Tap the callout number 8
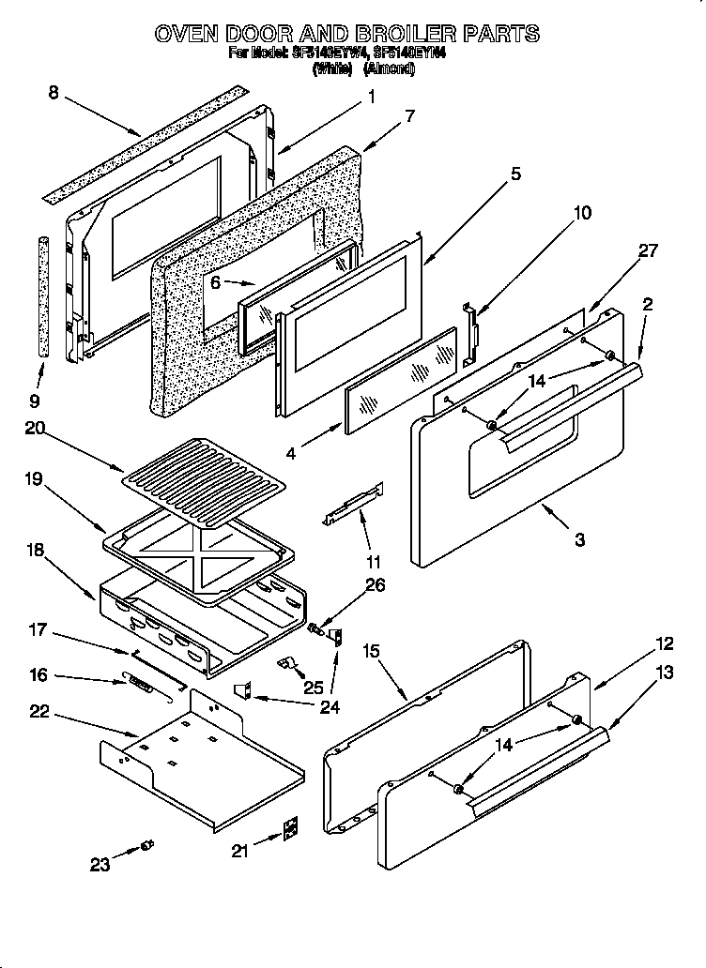tap(54, 92)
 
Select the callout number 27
tap(648, 250)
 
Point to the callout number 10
tap(582, 213)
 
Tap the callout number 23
tap(100, 865)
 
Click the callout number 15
tap(371, 650)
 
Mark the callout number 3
tap(579, 539)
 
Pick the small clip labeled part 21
tap(292, 829)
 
